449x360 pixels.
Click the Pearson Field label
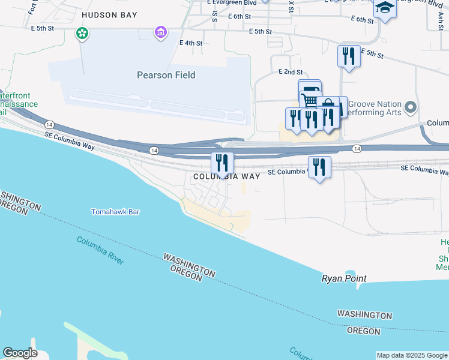pos(166,75)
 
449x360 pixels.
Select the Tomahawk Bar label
pos(115,212)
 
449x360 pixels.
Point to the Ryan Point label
pos(344,278)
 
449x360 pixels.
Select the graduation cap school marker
pos(384,8)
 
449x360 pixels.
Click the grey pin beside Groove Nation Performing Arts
pos(411,108)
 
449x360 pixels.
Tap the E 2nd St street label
pos(290,71)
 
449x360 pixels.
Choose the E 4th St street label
pos(191,43)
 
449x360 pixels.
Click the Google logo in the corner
pos(20,353)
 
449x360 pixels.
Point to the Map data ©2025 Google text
pos(412,355)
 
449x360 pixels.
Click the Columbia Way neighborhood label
pos(226,176)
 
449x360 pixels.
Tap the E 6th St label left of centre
pos(239,17)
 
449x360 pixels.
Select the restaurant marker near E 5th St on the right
pos(349,56)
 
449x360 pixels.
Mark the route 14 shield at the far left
pos(48,124)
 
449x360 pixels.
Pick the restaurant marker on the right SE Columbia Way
pos(319,166)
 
